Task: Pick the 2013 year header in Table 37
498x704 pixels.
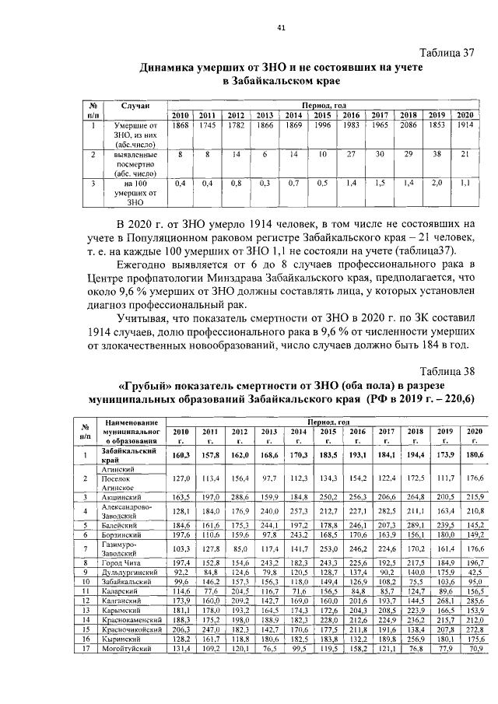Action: click(265, 115)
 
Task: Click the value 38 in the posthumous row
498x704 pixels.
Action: click(436, 155)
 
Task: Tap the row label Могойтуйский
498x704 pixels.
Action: click(125, 670)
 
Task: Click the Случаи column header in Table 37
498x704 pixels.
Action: click(135, 104)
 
